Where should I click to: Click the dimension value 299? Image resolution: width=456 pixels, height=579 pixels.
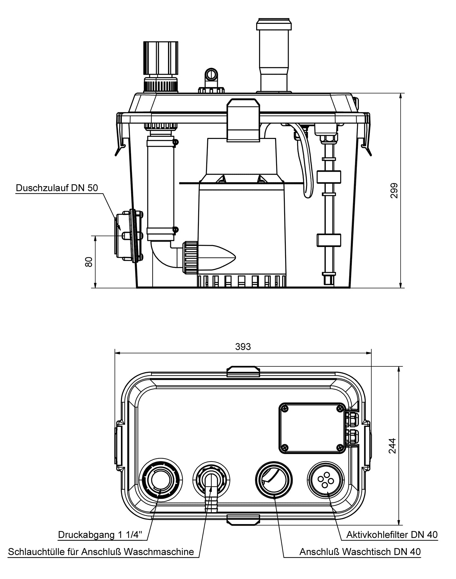(394, 191)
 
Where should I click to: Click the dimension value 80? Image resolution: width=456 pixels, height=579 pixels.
(89, 262)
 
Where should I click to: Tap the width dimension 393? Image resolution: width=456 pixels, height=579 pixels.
(243, 346)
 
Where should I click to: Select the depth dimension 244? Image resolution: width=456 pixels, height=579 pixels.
(392, 446)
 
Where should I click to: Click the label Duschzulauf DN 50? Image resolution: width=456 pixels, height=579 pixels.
(57, 188)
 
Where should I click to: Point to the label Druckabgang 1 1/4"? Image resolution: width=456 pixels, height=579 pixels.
(102, 535)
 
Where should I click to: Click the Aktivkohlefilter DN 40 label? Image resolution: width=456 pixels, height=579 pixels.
(392, 535)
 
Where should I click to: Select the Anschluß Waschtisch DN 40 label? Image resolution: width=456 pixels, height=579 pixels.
(360, 552)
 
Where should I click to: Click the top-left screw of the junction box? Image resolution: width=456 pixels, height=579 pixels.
(284, 409)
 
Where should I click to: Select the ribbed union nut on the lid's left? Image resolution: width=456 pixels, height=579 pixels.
(161, 58)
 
